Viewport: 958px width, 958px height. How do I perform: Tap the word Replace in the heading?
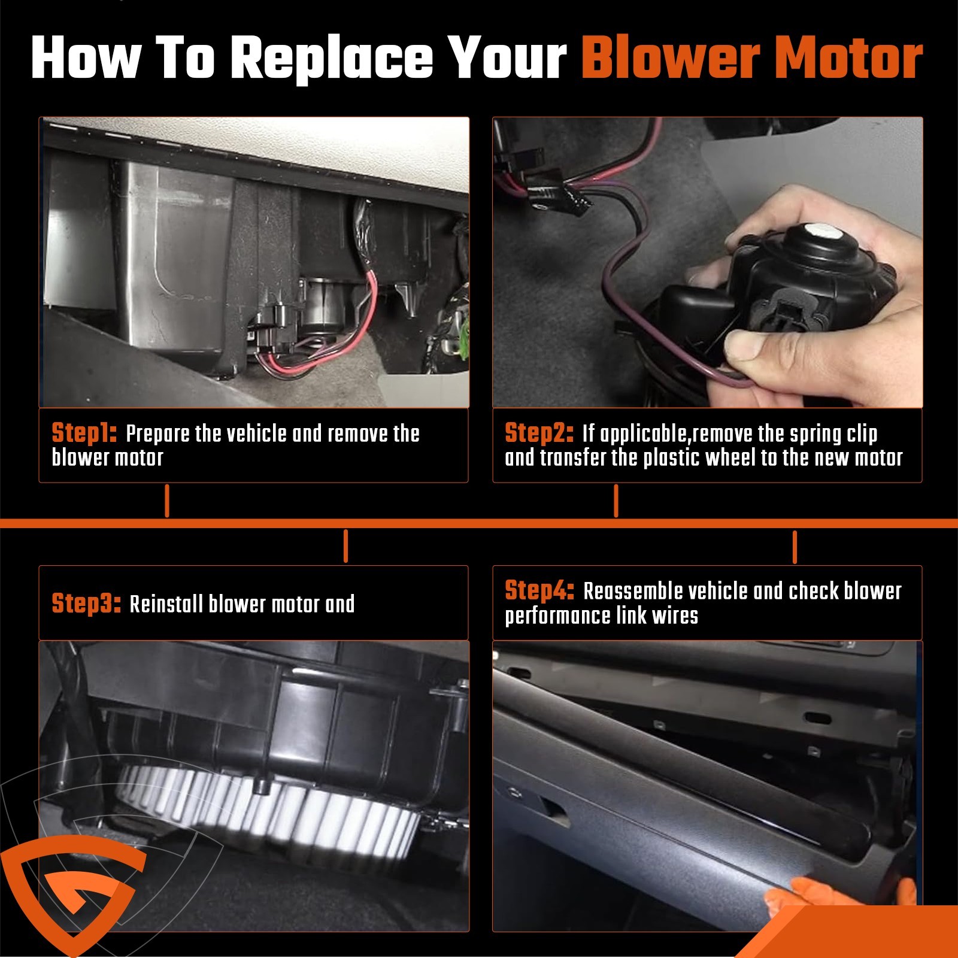point(332,59)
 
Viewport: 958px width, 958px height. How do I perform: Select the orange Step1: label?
point(84,433)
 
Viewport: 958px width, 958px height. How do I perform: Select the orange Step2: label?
point(539,433)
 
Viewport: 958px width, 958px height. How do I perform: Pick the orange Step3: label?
point(86,604)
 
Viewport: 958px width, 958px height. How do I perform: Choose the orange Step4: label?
point(539,590)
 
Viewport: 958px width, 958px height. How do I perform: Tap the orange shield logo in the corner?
point(72,892)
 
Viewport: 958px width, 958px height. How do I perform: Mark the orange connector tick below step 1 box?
point(167,501)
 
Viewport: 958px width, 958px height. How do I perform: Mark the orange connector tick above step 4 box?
point(795,546)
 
